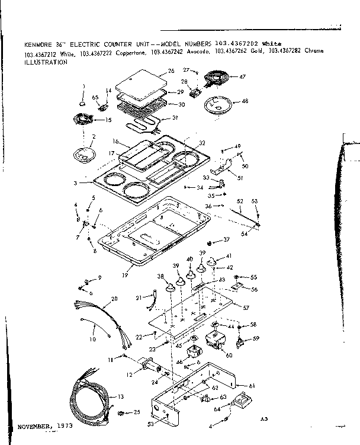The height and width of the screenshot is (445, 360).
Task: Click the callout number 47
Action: (242, 77)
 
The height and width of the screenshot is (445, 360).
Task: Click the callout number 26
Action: (171, 71)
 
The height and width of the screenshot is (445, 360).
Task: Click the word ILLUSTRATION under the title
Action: (45, 61)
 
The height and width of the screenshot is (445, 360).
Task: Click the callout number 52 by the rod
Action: (240, 201)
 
